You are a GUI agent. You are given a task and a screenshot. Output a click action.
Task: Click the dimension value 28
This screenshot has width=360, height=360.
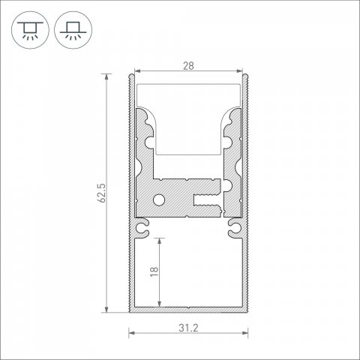point(188,66)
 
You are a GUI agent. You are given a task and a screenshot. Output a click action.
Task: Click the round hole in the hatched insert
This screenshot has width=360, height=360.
point(159,200)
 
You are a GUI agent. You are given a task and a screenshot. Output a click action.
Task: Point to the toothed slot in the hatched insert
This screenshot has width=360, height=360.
point(206,201)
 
